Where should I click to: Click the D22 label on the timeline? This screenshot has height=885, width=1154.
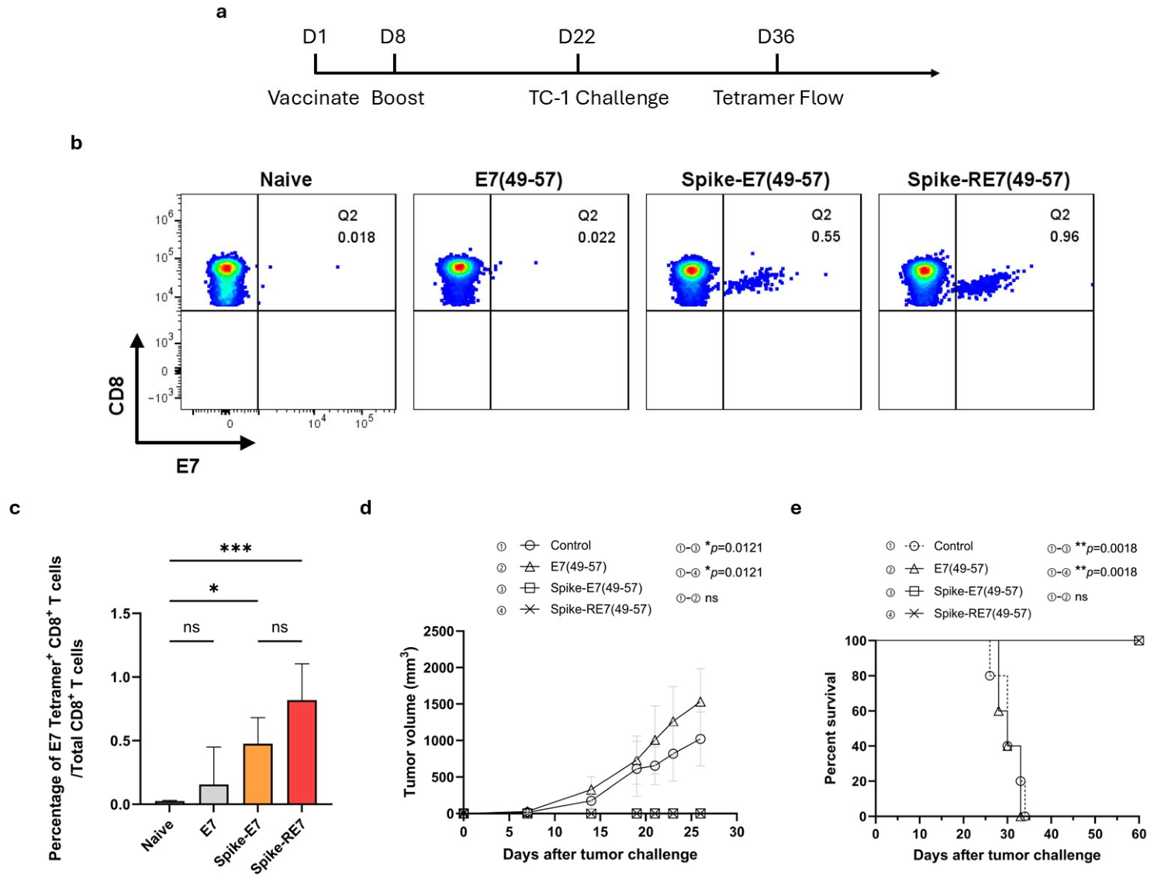(577, 36)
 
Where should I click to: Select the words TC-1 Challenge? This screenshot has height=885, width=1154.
(599, 98)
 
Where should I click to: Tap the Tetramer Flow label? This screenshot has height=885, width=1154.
(778, 98)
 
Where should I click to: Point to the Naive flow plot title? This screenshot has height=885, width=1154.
(285, 179)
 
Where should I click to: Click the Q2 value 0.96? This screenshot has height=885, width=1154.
(1064, 236)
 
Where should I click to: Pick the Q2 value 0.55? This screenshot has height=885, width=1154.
(826, 236)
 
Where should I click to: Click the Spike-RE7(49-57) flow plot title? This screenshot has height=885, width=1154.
(988, 180)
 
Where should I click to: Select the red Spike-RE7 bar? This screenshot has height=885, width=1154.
(302, 752)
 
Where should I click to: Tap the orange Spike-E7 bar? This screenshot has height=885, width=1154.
(258, 773)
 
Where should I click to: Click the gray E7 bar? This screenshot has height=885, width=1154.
(214, 794)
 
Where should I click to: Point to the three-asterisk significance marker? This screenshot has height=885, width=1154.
(236, 549)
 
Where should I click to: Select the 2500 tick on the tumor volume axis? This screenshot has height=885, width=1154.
(439, 632)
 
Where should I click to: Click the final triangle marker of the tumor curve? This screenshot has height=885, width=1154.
(700, 702)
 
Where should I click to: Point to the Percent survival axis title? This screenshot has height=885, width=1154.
(830, 728)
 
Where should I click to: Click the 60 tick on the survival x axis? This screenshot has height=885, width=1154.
(1138, 834)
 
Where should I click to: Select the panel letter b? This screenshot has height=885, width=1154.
(77, 143)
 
